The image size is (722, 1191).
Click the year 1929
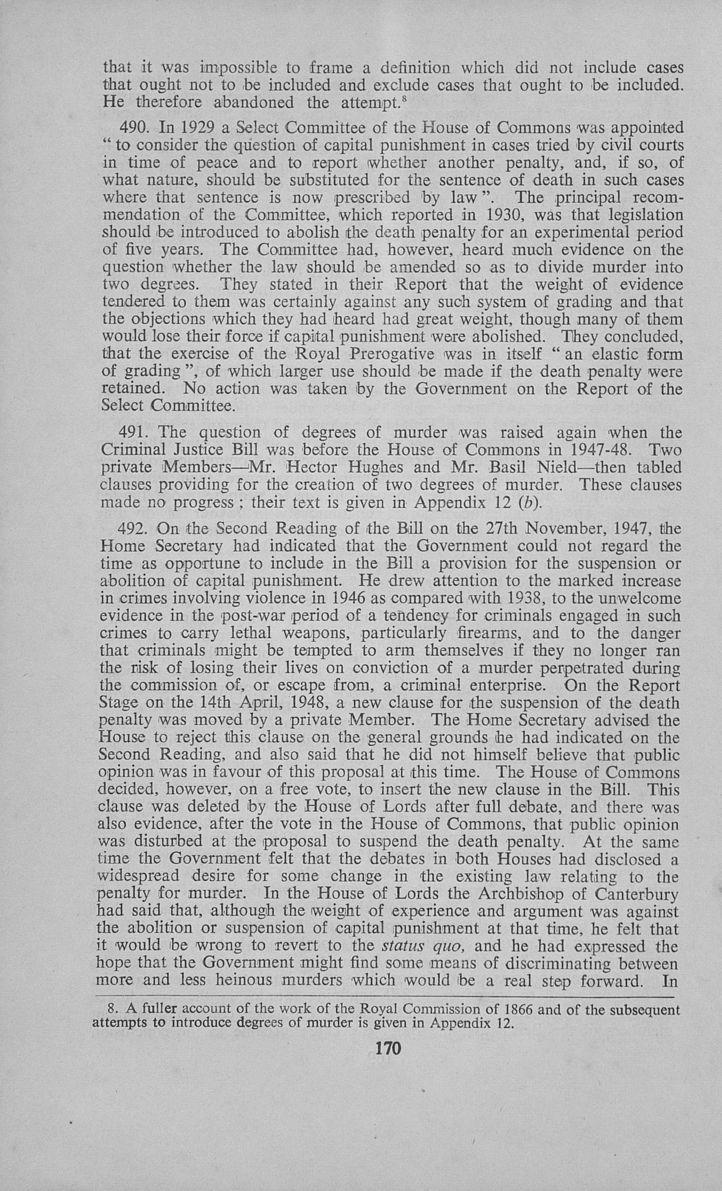[x=196, y=128]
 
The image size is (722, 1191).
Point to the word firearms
[x=471, y=633]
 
